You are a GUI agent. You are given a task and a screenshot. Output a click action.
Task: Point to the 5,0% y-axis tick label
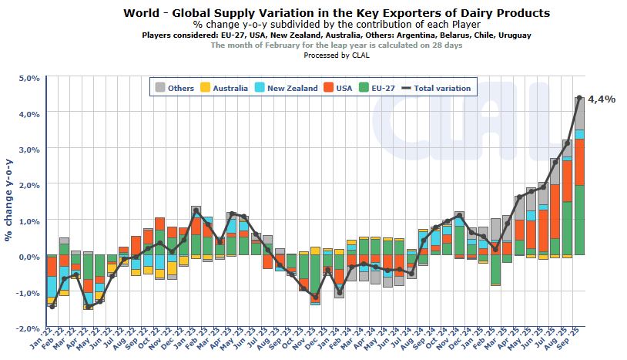(x=27, y=78)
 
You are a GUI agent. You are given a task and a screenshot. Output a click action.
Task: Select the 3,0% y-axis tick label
(x=27, y=150)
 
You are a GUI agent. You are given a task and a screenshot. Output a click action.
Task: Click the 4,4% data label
(x=601, y=99)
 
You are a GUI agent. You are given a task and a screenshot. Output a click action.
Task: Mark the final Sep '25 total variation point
(x=579, y=97)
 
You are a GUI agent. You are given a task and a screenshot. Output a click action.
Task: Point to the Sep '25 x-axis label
(x=575, y=345)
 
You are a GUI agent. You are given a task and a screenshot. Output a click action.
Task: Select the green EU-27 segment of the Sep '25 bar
(x=579, y=220)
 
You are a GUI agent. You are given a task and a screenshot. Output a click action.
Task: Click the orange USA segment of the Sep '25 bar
(x=579, y=162)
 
